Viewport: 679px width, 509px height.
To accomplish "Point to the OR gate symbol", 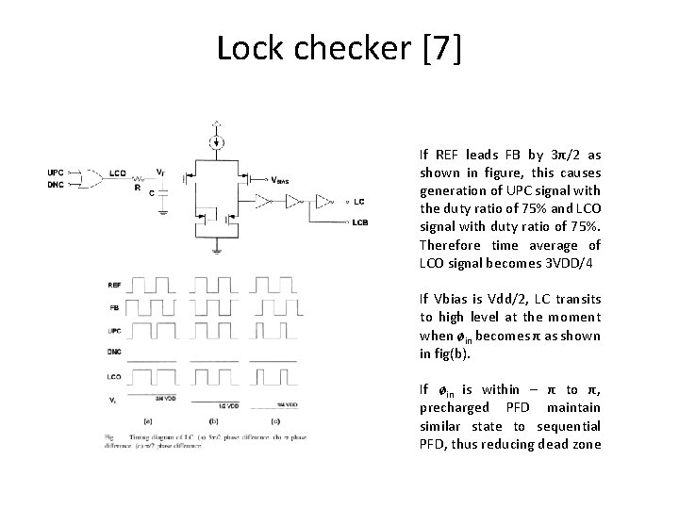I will click(x=93, y=177).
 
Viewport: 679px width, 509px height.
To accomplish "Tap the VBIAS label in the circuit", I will click(x=280, y=180).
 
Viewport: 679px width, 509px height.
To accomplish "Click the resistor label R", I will click(x=139, y=187).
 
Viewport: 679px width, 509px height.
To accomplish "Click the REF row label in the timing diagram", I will click(x=115, y=284).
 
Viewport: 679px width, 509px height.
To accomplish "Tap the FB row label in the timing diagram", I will click(x=115, y=307).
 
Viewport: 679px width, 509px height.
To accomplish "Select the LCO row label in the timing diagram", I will click(x=115, y=375).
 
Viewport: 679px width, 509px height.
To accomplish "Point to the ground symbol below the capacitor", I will click(x=162, y=212).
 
